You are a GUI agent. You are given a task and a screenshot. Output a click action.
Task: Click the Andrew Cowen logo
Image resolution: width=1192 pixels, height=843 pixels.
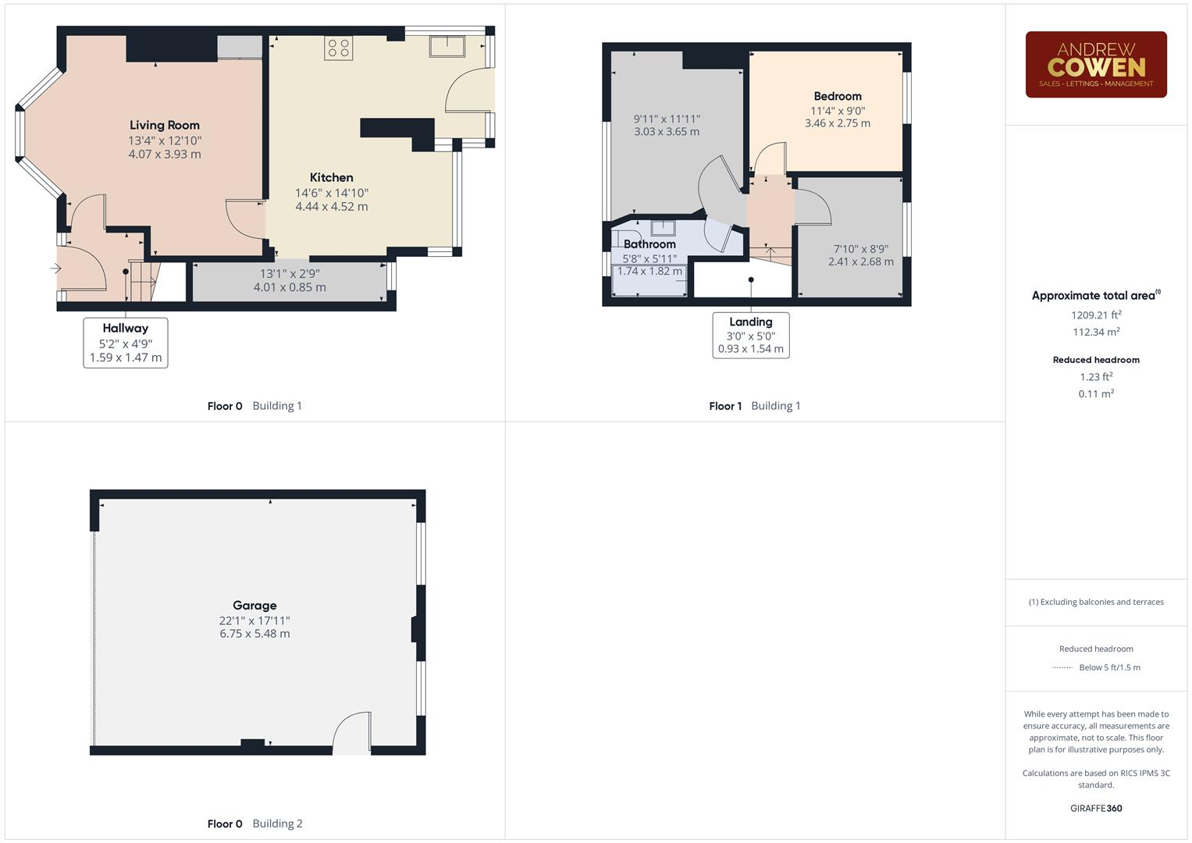(1095, 65)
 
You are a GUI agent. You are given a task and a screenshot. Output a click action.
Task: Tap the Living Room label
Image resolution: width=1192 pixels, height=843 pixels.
(165, 125)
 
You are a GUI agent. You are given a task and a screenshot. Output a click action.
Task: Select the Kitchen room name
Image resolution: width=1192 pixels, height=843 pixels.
(331, 177)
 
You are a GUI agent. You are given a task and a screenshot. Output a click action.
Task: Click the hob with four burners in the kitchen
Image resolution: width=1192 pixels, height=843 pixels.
(339, 48)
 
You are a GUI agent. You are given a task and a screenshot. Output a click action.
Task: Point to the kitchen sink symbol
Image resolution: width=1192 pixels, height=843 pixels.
(447, 46)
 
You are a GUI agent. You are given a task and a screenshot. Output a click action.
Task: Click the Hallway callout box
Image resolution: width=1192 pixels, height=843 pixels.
(126, 342)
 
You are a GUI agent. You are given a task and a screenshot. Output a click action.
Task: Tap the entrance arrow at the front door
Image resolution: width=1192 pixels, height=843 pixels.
(55, 269)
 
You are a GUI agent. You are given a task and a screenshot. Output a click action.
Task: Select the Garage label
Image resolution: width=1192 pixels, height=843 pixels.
(254, 605)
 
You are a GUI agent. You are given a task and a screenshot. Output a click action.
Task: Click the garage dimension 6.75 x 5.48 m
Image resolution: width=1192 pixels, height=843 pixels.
(254, 634)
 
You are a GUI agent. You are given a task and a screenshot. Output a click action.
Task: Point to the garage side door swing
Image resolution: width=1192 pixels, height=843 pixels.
(354, 734)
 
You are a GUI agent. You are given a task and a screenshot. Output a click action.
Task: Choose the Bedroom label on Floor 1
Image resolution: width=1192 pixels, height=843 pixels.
(838, 96)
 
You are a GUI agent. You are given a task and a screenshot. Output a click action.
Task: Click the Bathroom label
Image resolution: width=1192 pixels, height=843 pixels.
(649, 244)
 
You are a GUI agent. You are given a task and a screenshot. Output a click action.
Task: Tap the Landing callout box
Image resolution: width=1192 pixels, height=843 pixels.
(751, 335)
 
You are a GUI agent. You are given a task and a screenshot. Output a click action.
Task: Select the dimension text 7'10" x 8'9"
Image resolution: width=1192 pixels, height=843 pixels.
(861, 249)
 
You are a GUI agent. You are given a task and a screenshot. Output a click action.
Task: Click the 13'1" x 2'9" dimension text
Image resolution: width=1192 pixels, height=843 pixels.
(290, 274)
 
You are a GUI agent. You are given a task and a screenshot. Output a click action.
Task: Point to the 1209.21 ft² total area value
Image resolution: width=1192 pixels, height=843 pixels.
(1096, 315)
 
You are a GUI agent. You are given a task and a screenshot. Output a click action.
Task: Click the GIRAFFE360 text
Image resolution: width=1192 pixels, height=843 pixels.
(1096, 808)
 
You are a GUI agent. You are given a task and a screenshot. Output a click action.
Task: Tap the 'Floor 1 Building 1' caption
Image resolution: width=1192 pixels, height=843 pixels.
(754, 406)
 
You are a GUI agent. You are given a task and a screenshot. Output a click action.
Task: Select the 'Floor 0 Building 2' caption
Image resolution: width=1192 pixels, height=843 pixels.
(254, 823)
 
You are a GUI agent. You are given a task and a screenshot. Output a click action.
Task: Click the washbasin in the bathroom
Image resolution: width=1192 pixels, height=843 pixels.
(663, 228)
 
